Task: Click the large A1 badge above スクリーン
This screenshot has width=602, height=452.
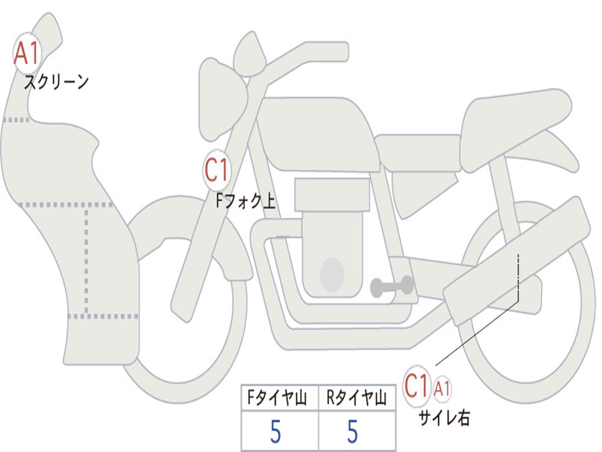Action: point(27,54)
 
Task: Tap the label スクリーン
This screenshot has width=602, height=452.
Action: point(56,82)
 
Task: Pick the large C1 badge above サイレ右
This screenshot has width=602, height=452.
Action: point(417,387)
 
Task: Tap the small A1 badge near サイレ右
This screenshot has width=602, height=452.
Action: point(443,388)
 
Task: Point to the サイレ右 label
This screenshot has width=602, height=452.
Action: point(444,417)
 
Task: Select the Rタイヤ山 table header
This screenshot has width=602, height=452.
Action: point(356,399)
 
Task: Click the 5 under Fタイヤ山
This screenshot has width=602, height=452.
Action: point(275,432)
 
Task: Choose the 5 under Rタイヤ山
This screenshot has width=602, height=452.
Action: point(352,432)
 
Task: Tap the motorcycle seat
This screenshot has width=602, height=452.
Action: point(511,121)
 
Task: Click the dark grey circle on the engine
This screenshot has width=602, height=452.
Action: point(332,275)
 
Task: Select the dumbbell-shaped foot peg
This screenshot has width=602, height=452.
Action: point(392,287)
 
